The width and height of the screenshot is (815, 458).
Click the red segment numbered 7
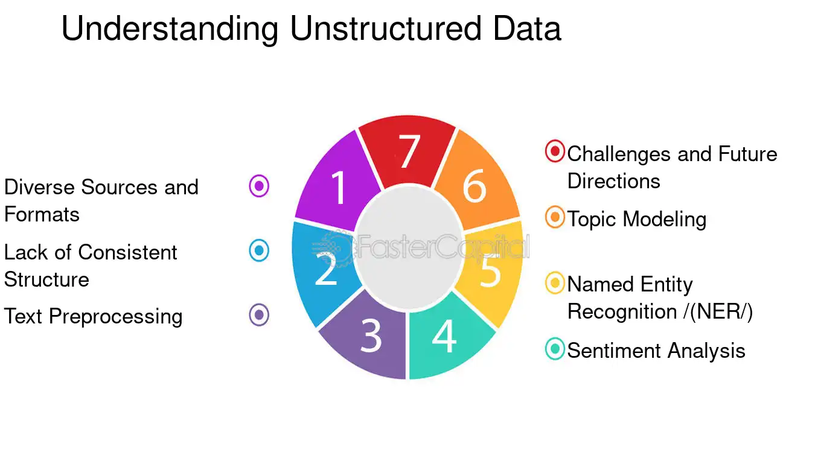407,151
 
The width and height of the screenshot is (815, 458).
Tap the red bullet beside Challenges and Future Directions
555,151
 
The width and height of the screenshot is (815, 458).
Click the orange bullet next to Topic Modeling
555,217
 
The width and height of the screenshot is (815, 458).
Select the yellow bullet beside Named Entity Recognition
555,282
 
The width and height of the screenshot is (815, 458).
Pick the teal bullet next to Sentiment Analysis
555,349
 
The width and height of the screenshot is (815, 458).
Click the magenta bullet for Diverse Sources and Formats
259,186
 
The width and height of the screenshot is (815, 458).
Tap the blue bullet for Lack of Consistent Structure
259,250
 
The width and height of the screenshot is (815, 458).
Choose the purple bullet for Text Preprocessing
259,314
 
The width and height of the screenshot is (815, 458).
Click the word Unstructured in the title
386,28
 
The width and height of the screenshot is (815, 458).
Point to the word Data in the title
527,28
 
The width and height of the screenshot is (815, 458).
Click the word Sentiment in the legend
614,351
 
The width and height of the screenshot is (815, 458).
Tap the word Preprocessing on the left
116,317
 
